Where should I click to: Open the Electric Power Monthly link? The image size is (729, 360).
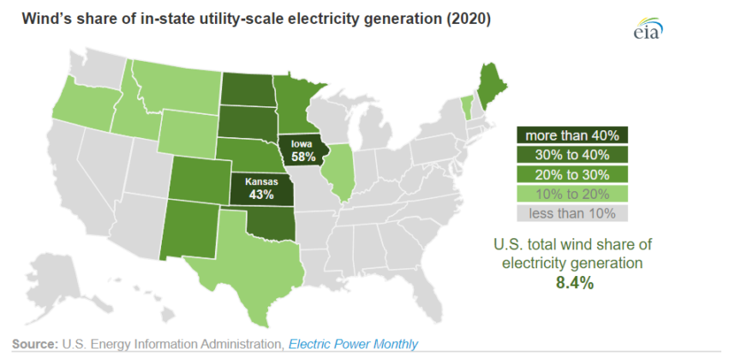point(353,345)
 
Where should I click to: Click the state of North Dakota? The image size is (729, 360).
point(248,88)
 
